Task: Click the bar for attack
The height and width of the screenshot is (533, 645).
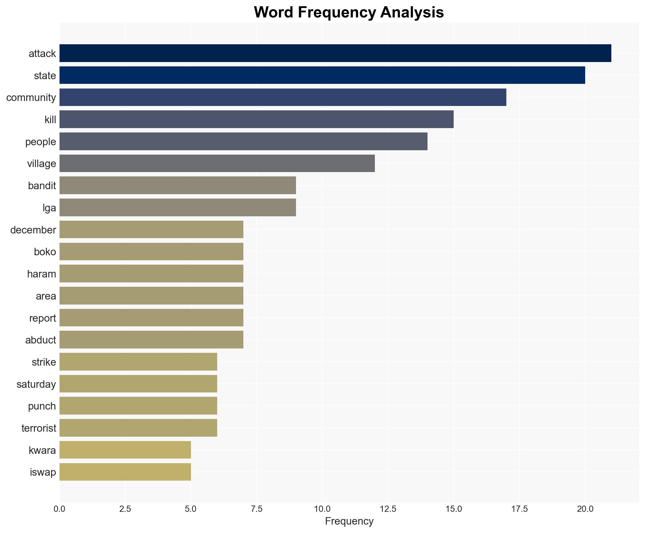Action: [x=335, y=53]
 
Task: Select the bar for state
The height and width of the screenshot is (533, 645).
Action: [x=322, y=75]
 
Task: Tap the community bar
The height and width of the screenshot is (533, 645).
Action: [x=283, y=97]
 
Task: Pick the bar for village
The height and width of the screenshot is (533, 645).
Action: [x=217, y=163]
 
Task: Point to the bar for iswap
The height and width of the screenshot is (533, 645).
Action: [x=125, y=472]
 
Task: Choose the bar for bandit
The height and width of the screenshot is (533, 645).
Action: [x=178, y=185]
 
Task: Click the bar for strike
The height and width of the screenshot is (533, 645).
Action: [x=138, y=362]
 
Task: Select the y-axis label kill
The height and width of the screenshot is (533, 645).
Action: [x=50, y=120]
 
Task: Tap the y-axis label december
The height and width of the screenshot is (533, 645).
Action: [x=33, y=230]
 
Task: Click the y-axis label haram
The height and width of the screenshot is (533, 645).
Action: [x=41, y=274]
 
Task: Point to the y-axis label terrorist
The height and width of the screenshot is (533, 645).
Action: [x=39, y=428]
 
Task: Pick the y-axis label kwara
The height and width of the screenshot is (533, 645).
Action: [x=42, y=450]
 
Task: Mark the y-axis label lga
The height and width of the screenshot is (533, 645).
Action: [x=49, y=208]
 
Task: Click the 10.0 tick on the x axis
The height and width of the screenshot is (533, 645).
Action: [x=322, y=509]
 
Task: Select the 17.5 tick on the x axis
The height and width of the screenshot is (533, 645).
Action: [x=519, y=509]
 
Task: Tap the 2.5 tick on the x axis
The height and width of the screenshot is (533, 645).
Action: [x=125, y=509]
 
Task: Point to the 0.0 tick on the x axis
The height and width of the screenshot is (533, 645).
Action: [x=60, y=509]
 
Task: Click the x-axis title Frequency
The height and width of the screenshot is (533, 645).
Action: [x=349, y=521]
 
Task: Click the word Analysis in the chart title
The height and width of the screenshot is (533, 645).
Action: [x=412, y=13]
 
